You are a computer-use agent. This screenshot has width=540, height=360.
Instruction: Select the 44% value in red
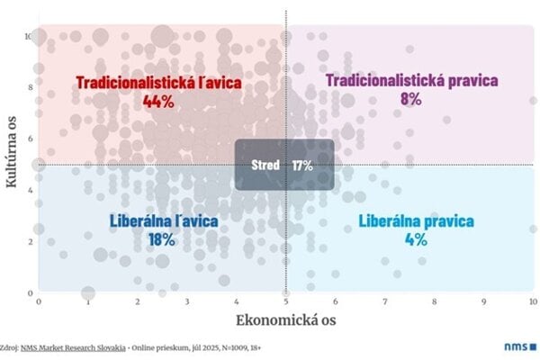pos(158,101)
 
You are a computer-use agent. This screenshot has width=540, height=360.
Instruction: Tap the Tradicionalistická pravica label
pos(411,81)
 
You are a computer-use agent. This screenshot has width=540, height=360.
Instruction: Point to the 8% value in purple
pos(411,99)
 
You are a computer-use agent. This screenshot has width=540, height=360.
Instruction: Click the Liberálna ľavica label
pos(163,220)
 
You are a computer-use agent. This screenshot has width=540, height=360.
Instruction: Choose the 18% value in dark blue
pos(162,238)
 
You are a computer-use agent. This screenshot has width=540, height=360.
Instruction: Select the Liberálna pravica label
pos(416,221)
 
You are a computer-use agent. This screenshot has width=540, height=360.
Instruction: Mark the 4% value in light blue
pos(415,239)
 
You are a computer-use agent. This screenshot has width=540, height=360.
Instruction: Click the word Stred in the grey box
pos(268,165)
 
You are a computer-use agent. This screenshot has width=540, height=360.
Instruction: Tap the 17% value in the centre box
pos(302,165)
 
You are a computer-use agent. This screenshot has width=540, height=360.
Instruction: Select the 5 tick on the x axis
pos(286,301)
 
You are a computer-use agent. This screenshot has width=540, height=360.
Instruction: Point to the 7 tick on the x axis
pos(384,301)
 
